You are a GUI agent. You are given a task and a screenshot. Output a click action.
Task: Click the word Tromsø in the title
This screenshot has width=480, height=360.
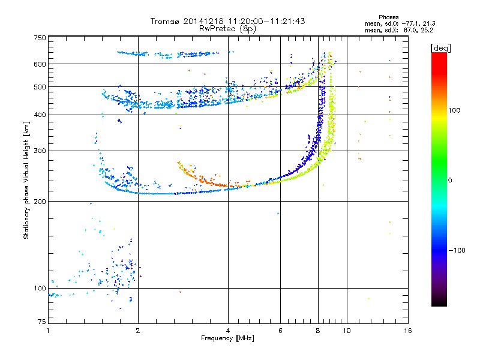166,21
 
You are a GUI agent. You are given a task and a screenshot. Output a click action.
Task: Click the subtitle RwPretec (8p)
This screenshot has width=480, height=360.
227,29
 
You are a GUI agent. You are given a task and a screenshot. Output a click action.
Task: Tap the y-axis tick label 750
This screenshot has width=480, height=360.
40,38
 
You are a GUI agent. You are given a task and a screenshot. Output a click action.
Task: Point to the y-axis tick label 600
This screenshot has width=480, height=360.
40,64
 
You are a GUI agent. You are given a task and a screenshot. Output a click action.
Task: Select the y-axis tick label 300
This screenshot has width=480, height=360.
40,151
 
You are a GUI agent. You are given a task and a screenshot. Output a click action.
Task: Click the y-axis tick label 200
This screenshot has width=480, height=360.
40,202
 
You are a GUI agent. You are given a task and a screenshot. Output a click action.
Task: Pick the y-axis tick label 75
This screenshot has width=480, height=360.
42,322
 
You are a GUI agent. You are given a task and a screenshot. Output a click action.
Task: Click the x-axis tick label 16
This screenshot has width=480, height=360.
408,331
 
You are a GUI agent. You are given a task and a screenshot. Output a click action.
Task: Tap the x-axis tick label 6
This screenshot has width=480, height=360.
280,331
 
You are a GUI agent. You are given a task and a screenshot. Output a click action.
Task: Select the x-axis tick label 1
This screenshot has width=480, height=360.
48,331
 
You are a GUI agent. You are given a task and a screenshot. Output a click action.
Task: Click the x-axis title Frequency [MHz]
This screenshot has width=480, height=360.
227,338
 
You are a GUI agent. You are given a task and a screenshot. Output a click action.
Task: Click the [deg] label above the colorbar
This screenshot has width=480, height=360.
440,48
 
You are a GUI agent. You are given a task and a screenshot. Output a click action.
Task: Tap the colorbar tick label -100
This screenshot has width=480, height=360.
457,250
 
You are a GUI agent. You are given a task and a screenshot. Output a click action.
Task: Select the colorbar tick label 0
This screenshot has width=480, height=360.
450,181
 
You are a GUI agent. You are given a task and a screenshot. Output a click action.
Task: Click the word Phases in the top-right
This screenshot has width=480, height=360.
388,17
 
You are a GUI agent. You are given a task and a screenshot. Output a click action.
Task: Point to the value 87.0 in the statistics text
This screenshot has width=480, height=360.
410,31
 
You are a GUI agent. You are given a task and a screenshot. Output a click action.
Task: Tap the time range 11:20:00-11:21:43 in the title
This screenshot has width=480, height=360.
266,21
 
